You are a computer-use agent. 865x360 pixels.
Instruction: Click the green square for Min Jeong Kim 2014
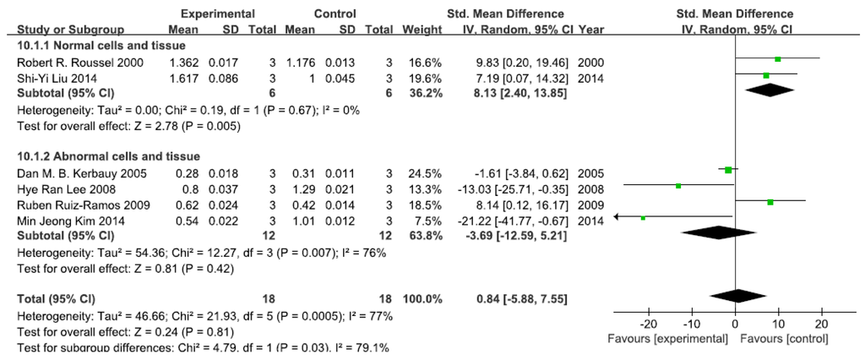(x=644, y=218)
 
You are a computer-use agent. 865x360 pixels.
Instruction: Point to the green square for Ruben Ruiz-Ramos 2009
(x=770, y=202)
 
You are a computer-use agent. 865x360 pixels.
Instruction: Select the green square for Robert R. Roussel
(x=778, y=59)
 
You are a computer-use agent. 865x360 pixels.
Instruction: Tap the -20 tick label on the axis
(x=647, y=324)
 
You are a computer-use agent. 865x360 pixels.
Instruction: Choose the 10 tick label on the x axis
(x=778, y=324)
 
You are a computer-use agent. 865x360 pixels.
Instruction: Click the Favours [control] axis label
(x=784, y=338)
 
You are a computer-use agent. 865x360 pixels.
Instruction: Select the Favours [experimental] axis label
(x=668, y=338)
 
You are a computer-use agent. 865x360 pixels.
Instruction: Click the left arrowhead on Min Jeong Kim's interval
(x=618, y=217)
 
